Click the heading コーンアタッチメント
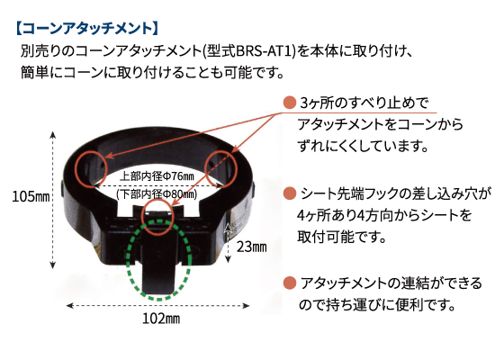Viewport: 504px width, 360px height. [x=87, y=28]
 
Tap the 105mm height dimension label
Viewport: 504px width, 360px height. [x=31, y=196]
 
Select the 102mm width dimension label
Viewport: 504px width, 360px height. [x=161, y=319]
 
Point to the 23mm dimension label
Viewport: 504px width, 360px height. [x=252, y=247]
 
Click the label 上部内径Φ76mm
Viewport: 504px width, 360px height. [x=157, y=176]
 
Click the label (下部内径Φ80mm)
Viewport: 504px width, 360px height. [x=157, y=193]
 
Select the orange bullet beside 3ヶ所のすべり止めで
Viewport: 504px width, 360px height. [x=289, y=103]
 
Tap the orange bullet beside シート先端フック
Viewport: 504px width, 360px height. [x=289, y=193]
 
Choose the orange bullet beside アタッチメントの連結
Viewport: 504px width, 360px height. [x=289, y=283]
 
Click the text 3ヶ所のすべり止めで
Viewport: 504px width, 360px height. [x=364, y=103]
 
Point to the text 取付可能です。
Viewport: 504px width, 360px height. [x=341, y=237]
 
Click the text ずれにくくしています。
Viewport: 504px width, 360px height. [x=364, y=146]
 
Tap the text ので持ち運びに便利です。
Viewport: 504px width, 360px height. [x=377, y=304]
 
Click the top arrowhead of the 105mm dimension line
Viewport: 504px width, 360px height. [x=53, y=134]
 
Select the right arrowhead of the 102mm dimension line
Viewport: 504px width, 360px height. [x=247, y=305]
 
